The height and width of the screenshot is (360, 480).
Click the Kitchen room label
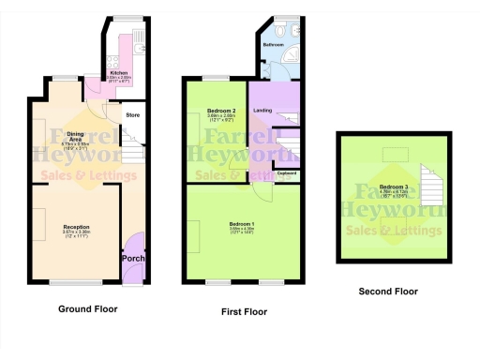pos(119,71)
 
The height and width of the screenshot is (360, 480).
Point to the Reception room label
pos(77,226)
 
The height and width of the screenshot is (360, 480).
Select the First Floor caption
pos(243,311)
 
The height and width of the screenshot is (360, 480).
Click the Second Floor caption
pos(388,292)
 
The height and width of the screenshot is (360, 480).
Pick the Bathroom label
pos(273,44)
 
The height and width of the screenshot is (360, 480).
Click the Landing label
pos(262,111)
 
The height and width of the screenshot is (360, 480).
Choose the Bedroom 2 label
pos(220,112)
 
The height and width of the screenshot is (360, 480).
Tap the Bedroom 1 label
pos(242,223)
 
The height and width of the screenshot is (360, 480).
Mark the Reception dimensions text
pos(77,234)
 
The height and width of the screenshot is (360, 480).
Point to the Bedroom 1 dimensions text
pos(242,231)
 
